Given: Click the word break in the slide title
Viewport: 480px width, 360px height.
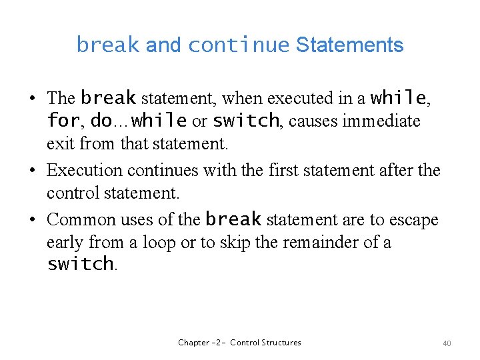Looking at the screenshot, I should click(x=108, y=45).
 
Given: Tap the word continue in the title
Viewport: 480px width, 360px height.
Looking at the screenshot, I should click(x=238, y=45).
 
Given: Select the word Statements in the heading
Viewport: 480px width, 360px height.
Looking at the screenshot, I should click(x=349, y=45).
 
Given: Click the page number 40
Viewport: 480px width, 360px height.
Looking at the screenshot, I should click(x=447, y=343).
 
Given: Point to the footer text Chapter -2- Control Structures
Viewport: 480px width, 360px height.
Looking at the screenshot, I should click(x=239, y=343).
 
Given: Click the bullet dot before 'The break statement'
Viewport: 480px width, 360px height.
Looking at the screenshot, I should click(x=32, y=99).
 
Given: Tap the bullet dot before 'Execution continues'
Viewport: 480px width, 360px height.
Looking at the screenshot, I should click(x=32, y=171).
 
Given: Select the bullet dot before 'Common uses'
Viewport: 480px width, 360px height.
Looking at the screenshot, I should click(x=32, y=219).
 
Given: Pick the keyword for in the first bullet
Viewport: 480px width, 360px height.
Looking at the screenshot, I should click(x=63, y=121).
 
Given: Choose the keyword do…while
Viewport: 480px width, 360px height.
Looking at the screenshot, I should click(x=138, y=121).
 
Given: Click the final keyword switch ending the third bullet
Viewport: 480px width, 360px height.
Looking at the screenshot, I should click(x=80, y=264).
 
